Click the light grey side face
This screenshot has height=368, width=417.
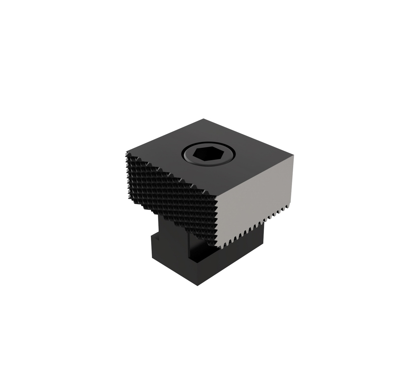click(x=254, y=196)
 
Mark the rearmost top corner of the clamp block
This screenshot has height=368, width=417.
click(x=204, y=119)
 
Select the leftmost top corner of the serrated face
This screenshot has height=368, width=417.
click(x=126, y=152)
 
